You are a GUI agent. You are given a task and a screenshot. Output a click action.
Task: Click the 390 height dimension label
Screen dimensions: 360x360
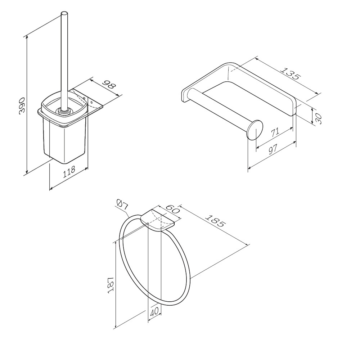22,105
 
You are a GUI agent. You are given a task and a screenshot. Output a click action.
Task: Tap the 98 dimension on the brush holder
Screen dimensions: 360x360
109,85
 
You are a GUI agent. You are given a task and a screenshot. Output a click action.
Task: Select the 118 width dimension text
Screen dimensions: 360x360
69,171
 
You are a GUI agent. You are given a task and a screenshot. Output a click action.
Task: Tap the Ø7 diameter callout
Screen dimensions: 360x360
122,204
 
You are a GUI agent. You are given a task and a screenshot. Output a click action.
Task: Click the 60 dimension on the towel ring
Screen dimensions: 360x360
172,208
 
